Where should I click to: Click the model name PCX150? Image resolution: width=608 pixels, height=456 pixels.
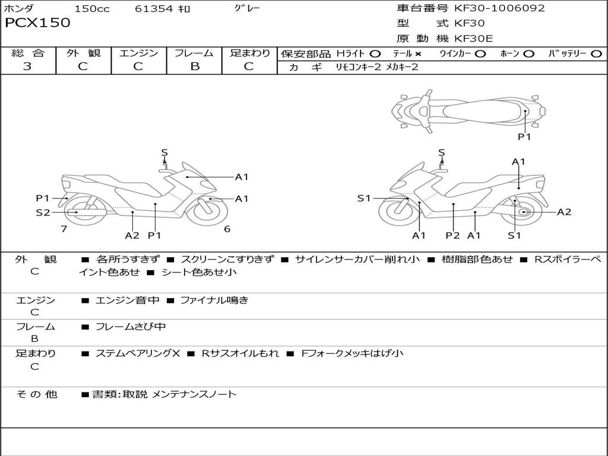point(37,23)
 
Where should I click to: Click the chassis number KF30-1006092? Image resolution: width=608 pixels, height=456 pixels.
point(499,8)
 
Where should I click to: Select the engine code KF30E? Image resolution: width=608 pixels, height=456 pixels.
point(473,39)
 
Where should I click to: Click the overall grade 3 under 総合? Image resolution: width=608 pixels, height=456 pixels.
point(27,66)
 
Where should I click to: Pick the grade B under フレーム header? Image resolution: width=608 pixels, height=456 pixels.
point(195,66)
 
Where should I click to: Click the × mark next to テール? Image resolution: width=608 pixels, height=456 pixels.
point(418,54)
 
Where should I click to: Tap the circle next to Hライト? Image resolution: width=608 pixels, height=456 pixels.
point(375,54)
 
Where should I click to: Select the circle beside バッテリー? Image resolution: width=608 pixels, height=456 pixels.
point(596,54)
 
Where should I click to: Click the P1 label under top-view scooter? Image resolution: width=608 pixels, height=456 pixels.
point(524,137)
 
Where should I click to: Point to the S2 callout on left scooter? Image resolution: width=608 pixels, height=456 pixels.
point(43,212)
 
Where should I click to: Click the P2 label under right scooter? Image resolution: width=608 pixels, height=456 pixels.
point(452,235)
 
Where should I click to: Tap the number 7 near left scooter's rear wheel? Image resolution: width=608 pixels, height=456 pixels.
point(64,229)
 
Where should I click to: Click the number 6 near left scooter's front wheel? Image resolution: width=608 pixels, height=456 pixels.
point(227,229)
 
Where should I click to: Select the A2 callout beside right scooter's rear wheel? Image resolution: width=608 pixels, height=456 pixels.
point(564,212)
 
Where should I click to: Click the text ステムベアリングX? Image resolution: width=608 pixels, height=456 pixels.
point(138,353)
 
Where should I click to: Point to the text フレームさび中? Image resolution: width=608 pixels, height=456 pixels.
point(131,327)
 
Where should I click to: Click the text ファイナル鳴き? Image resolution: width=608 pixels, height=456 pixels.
point(214,300)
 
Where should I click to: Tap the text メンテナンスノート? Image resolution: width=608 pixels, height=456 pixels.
point(194,394)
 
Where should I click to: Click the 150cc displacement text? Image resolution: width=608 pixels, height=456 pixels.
point(92,8)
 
